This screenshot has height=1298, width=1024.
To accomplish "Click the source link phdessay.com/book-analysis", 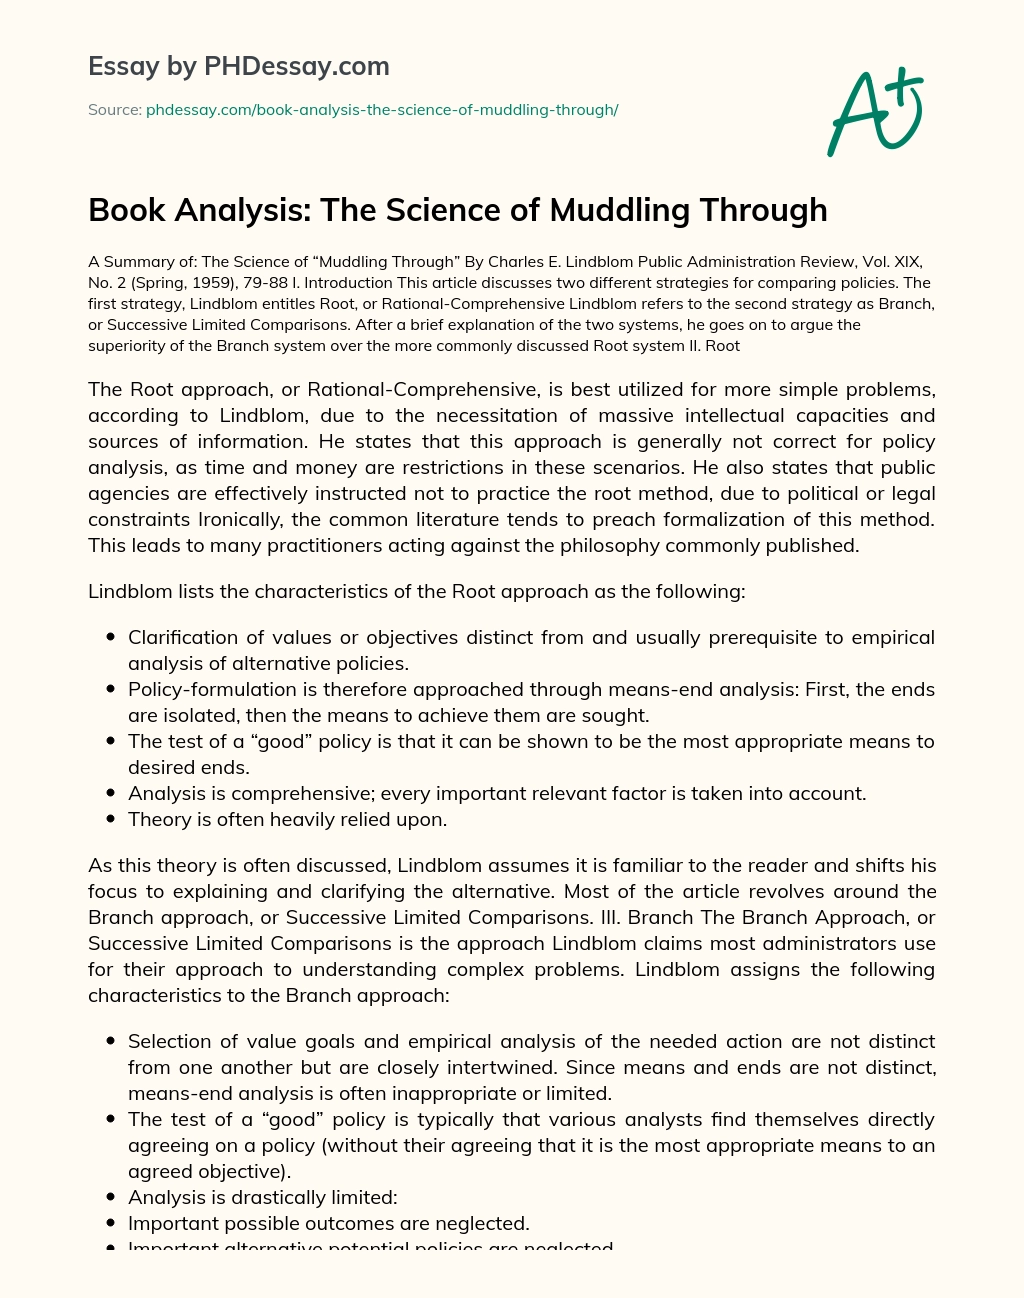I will (382, 110).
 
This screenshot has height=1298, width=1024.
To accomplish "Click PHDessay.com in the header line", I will (297, 67).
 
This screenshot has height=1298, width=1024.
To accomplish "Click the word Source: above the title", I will (114, 110).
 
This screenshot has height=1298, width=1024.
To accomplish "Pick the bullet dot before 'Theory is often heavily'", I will (110, 820).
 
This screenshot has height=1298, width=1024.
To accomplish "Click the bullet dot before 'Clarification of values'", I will (110, 638).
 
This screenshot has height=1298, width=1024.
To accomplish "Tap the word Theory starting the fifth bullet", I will (157, 819).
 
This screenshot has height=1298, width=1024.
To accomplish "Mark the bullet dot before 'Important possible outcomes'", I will (110, 1224).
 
